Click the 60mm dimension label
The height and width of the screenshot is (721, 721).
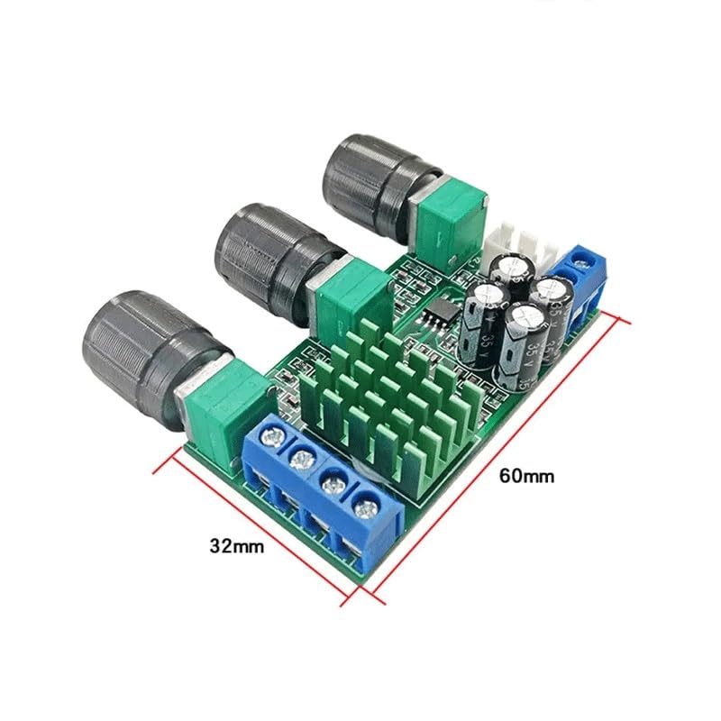coord(529,475)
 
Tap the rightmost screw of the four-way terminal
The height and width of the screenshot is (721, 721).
coord(364,509)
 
